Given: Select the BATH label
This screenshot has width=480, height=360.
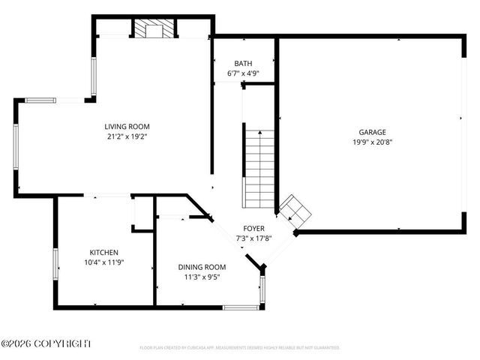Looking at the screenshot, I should tap(243, 64).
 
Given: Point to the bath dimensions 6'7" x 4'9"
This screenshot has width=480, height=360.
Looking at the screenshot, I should tap(243, 73).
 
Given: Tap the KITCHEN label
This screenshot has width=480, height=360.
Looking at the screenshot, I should tap(103, 253).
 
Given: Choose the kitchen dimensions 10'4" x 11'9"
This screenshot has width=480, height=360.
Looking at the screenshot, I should tap(103, 262).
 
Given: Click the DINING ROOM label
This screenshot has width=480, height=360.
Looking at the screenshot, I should tap(202, 267).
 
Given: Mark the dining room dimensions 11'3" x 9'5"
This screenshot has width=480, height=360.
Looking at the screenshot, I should tap(202, 277).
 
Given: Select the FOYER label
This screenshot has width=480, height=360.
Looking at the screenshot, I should tap(253, 229).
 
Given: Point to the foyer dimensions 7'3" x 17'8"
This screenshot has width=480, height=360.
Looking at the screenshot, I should tap(253, 239).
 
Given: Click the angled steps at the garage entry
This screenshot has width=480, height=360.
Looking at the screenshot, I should tap(296, 211).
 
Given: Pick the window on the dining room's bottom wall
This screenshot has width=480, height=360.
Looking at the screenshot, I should tap(241, 307).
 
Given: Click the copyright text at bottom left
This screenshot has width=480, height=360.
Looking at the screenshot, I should tap(46, 343).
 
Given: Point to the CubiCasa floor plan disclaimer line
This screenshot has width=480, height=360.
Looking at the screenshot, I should tap(240, 348).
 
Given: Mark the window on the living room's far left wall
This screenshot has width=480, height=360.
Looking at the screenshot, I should tap(15, 147).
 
